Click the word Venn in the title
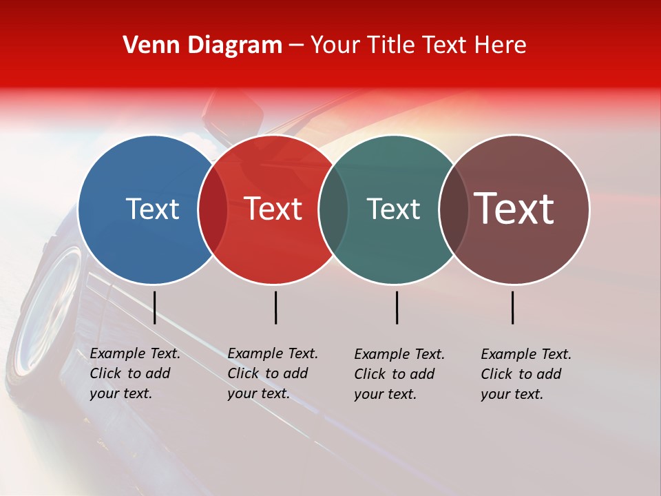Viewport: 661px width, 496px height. [x=149, y=45]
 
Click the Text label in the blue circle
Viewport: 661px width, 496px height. [x=152, y=209]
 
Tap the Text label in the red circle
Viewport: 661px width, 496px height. [x=273, y=209]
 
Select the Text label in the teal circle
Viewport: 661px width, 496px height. [x=393, y=209]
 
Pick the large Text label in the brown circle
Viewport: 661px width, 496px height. [x=514, y=209]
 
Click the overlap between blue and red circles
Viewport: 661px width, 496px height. [x=213, y=209]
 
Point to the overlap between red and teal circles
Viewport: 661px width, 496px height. [x=333, y=209]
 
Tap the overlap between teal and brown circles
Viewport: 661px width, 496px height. [x=453, y=209]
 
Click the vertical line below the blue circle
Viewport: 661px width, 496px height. [x=154, y=307]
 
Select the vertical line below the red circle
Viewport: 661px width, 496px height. [x=275, y=307]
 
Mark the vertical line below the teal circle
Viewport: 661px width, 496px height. [x=397, y=307]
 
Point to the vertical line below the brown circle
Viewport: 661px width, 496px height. [x=512, y=307]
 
